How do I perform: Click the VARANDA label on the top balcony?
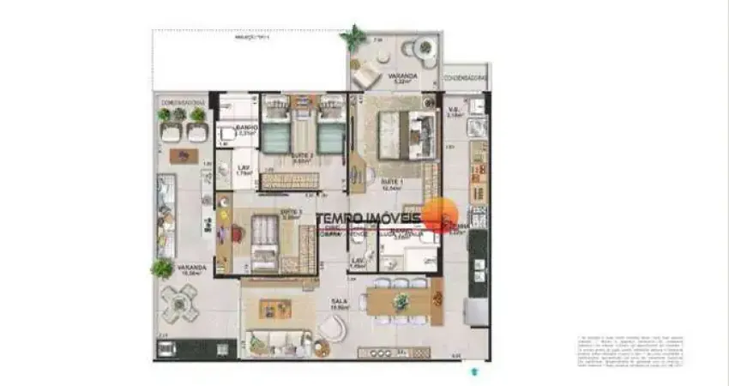[x=401, y=76]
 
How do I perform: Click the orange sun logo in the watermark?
[x=439, y=215]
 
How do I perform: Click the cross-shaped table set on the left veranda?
[x=181, y=303]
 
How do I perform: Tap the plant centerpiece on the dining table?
[x=401, y=301]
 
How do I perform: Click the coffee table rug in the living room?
[x=275, y=309]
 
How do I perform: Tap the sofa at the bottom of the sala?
[x=276, y=341]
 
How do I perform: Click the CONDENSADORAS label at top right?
[x=465, y=77]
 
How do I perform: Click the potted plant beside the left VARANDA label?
[x=161, y=268]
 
